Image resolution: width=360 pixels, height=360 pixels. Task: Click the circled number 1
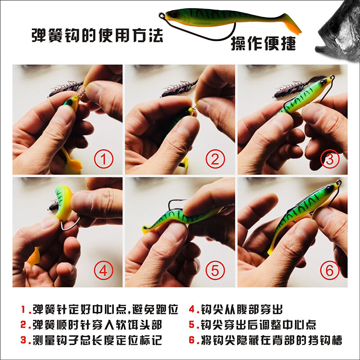coord(103,159)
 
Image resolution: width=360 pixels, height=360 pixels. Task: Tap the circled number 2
coord(215,159)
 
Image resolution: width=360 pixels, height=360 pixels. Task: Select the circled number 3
coord(330,159)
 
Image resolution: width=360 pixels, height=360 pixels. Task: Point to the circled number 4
coord(103,270)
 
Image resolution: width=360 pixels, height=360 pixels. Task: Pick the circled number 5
coord(215,270)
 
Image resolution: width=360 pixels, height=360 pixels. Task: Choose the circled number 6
coord(330,270)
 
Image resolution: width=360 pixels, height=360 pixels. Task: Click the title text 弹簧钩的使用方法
coord(97,36)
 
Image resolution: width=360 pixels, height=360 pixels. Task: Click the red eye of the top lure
coord(174,14)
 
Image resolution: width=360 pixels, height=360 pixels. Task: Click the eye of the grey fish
coord(333,28)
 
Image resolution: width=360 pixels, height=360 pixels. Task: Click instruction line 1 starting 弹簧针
coord(99,309)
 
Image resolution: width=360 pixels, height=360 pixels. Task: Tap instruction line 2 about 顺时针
coord(91,324)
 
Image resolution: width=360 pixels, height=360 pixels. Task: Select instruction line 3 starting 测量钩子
coord(91,340)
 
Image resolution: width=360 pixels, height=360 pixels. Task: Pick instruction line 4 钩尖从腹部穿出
coord(235,309)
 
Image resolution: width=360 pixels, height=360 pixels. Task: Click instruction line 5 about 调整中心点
coord(252,324)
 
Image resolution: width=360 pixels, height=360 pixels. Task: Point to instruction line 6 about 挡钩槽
coord(265,340)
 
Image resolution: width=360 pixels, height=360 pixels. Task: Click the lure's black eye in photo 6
coord(330,189)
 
